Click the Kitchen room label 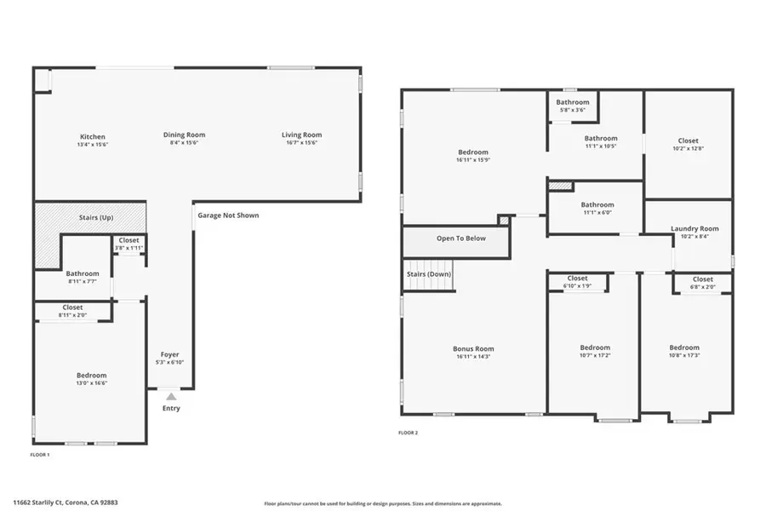pos(93,137)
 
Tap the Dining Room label pos(185,135)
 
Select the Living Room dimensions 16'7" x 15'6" pos(302,144)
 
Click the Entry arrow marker pos(171,396)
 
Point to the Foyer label pos(170,354)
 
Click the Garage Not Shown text pos(228,215)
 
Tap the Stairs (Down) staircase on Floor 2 pos(428,275)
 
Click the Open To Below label pos(461,238)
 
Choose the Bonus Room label pos(473,348)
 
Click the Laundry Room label pos(695,228)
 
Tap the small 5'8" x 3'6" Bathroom pos(574,106)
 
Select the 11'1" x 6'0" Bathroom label pos(597,204)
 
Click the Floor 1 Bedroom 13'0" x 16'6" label pos(91,376)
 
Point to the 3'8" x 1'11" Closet pos(129,244)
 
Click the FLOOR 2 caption pos(409,433)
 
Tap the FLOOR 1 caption pos(40,455)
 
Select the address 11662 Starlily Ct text pos(65,502)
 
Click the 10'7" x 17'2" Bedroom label pos(595,347)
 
